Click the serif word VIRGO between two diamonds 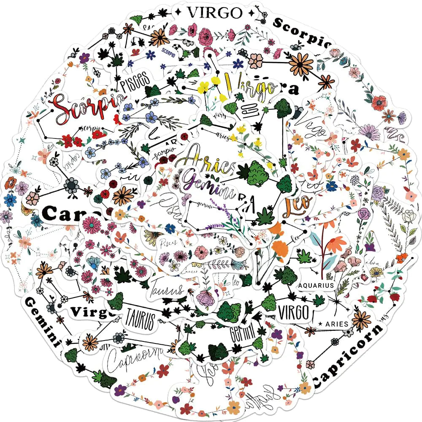(x=215, y=13)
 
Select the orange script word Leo (x=297, y=205)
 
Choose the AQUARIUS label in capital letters (x=316, y=285)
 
